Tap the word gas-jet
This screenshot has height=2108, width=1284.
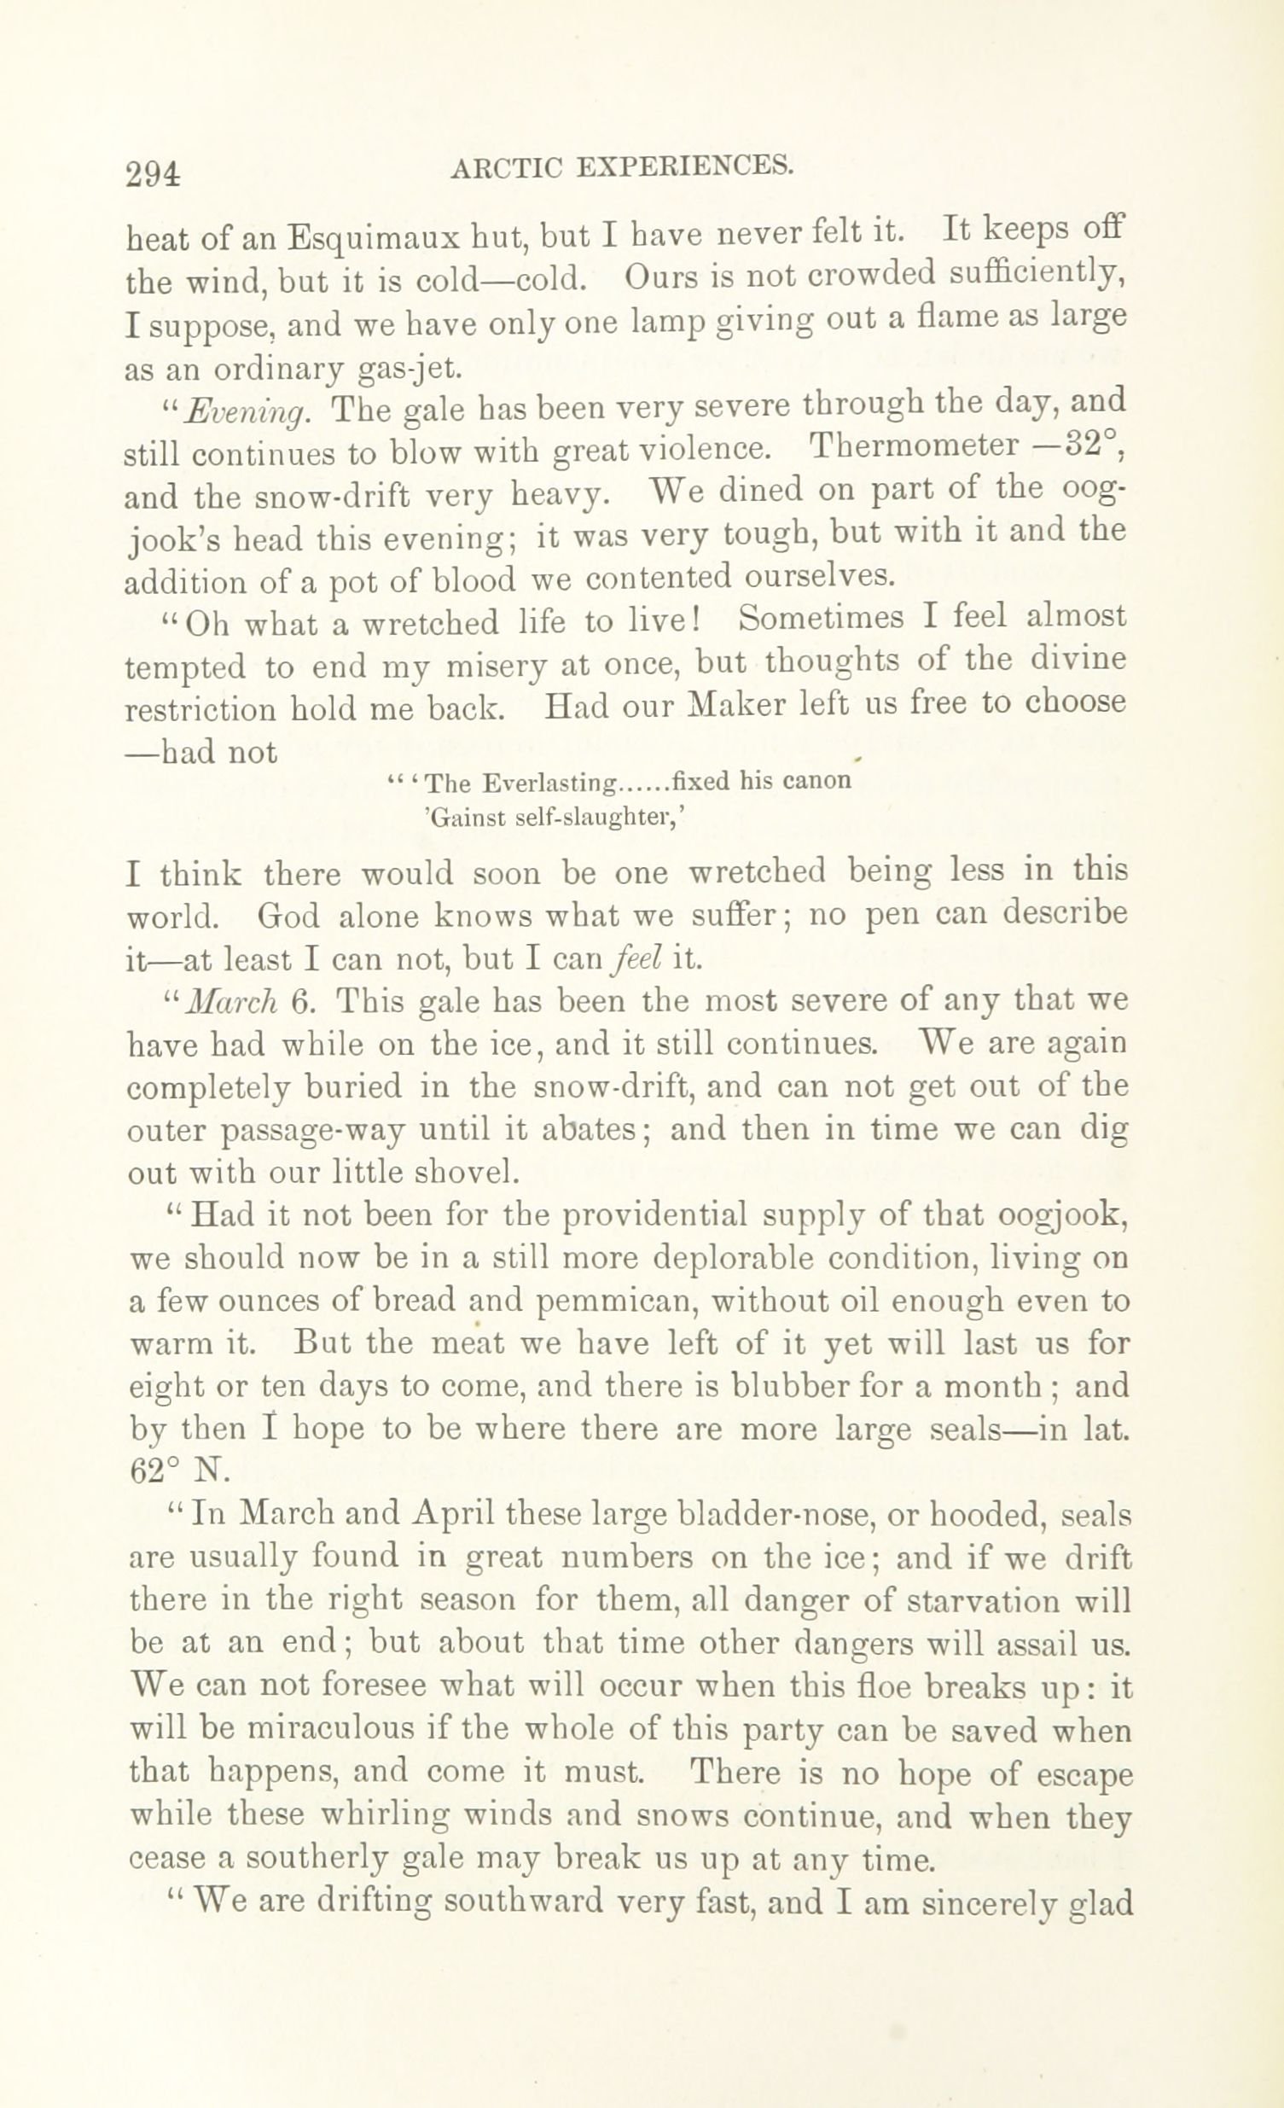(x=411, y=369)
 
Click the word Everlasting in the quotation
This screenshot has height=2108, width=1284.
(x=549, y=783)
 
